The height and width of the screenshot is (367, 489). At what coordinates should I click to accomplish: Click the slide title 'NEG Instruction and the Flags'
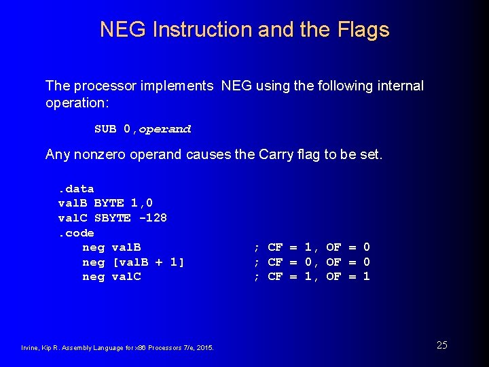pyautogui.click(x=244, y=30)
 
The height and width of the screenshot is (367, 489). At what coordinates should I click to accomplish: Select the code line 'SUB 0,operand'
pyautogui.click(x=143, y=129)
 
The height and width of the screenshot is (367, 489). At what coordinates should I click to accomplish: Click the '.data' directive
pyautogui.click(x=76, y=189)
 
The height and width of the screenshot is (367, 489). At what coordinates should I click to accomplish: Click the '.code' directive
pyautogui.click(x=76, y=233)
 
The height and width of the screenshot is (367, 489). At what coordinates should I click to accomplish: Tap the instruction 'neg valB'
pyautogui.click(x=111, y=247)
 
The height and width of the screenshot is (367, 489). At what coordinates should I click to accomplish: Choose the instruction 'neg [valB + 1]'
pyautogui.click(x=133, y=262)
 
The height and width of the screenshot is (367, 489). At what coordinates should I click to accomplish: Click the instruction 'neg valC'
pyautogui.click(x=111, y=277)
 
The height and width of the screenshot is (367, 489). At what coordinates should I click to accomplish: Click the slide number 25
pyautogui.click(x=441, y=345)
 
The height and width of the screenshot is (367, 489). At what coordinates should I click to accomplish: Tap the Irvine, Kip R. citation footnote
pyautogui.click(x=117, y=348)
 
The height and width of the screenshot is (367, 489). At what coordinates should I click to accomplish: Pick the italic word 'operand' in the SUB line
pyautogui.click(x=165, y=129)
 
